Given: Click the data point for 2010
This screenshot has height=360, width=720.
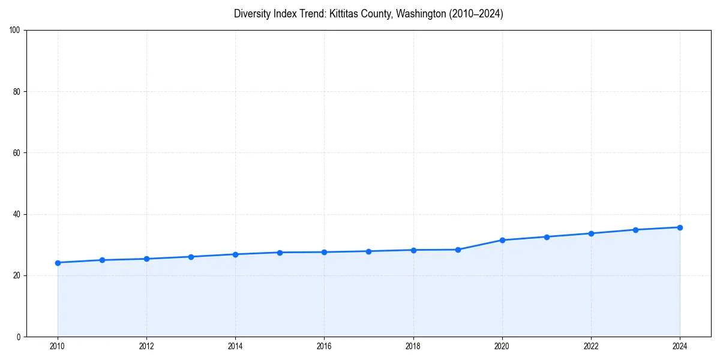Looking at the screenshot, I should (58, 263).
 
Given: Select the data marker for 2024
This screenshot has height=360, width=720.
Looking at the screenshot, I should (680, 227).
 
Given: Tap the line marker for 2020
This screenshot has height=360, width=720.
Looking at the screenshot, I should (502, 240).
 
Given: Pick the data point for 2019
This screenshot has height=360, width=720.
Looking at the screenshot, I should (458, 250).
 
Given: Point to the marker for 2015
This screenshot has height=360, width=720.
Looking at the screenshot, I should (280, 253).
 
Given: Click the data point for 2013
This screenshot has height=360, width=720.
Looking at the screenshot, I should (191, 257).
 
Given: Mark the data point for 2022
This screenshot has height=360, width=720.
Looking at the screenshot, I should (591, 233).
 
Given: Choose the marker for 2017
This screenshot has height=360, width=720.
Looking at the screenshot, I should (368, 251).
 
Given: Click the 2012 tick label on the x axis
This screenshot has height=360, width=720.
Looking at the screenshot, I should (146, 346).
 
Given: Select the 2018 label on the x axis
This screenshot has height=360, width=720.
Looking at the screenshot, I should (413, 346).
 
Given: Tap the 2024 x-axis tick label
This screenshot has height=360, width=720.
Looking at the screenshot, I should (680, 346).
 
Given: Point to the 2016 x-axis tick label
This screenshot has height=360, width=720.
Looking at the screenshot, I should (324, 346).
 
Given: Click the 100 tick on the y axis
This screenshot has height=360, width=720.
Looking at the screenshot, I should (15, 31).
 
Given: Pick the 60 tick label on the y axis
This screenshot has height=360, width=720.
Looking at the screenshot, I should (17, 153).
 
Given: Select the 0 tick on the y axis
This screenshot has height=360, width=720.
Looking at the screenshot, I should (19, 337).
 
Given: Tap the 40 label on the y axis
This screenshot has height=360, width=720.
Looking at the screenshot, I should (17, 214).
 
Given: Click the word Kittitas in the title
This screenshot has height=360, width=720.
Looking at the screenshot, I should (346, 14).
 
